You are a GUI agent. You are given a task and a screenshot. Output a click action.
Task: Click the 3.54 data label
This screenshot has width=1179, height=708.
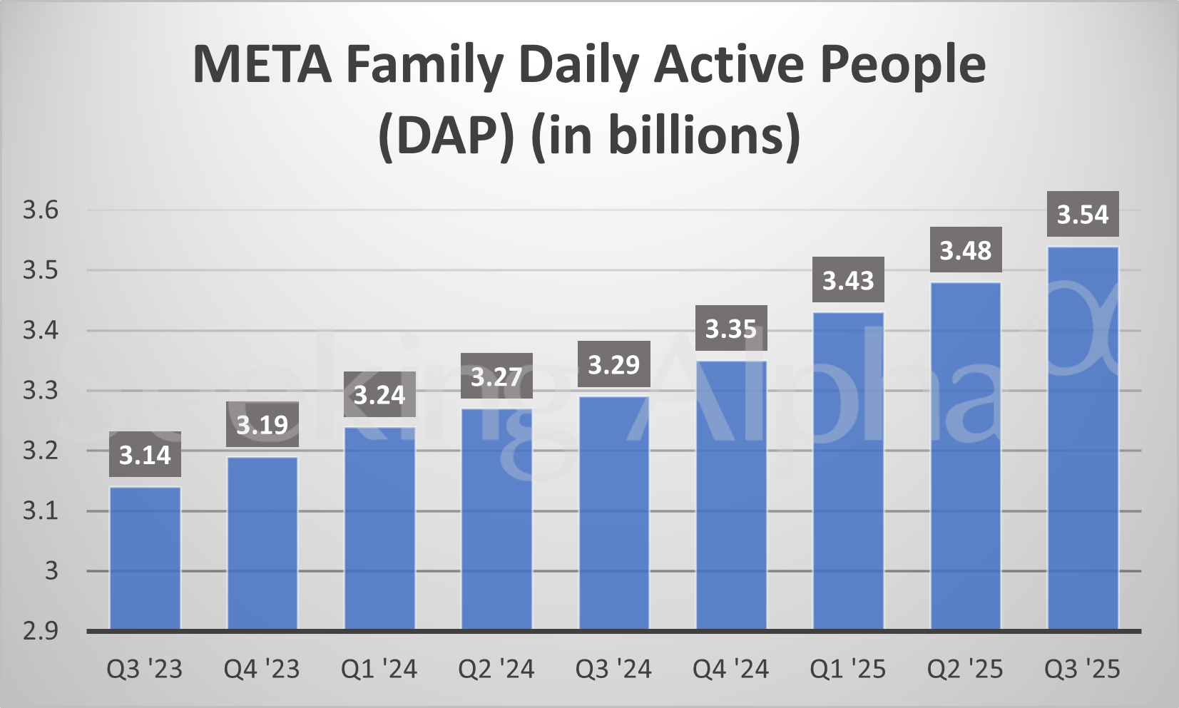point(1083,214)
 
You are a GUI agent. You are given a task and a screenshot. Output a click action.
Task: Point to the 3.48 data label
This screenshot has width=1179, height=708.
point(966,250)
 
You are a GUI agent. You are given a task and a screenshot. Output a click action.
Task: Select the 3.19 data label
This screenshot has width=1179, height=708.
point(262,425)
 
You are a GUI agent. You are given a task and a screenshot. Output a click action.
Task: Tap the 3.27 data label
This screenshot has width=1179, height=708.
point(496,376)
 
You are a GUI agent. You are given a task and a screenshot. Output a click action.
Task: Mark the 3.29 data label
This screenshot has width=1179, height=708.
point(613,365)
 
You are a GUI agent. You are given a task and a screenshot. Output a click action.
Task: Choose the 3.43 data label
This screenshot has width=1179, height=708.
point(848,280)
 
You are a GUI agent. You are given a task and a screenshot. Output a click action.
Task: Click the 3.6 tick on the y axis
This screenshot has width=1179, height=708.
point(41,210)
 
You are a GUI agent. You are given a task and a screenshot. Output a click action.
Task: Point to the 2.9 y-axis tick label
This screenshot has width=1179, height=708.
point(41,631)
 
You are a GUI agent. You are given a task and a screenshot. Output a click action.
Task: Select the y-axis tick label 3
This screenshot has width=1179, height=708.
point(51,570)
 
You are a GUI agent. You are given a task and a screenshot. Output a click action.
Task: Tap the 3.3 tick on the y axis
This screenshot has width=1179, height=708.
point(41,390)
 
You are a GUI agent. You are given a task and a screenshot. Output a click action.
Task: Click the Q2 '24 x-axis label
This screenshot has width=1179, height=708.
point(496,669)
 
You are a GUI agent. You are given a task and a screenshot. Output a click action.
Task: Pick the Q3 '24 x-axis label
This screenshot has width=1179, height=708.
point(613,669)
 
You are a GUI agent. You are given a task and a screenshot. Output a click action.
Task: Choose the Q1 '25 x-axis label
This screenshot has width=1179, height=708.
point(848,669)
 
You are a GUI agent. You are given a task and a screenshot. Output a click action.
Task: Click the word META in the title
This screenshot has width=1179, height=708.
point(262,65)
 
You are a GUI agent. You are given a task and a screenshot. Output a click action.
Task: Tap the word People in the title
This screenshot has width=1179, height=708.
point(902,65)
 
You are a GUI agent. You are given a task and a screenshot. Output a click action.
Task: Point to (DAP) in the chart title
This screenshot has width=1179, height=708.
point(446,135)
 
